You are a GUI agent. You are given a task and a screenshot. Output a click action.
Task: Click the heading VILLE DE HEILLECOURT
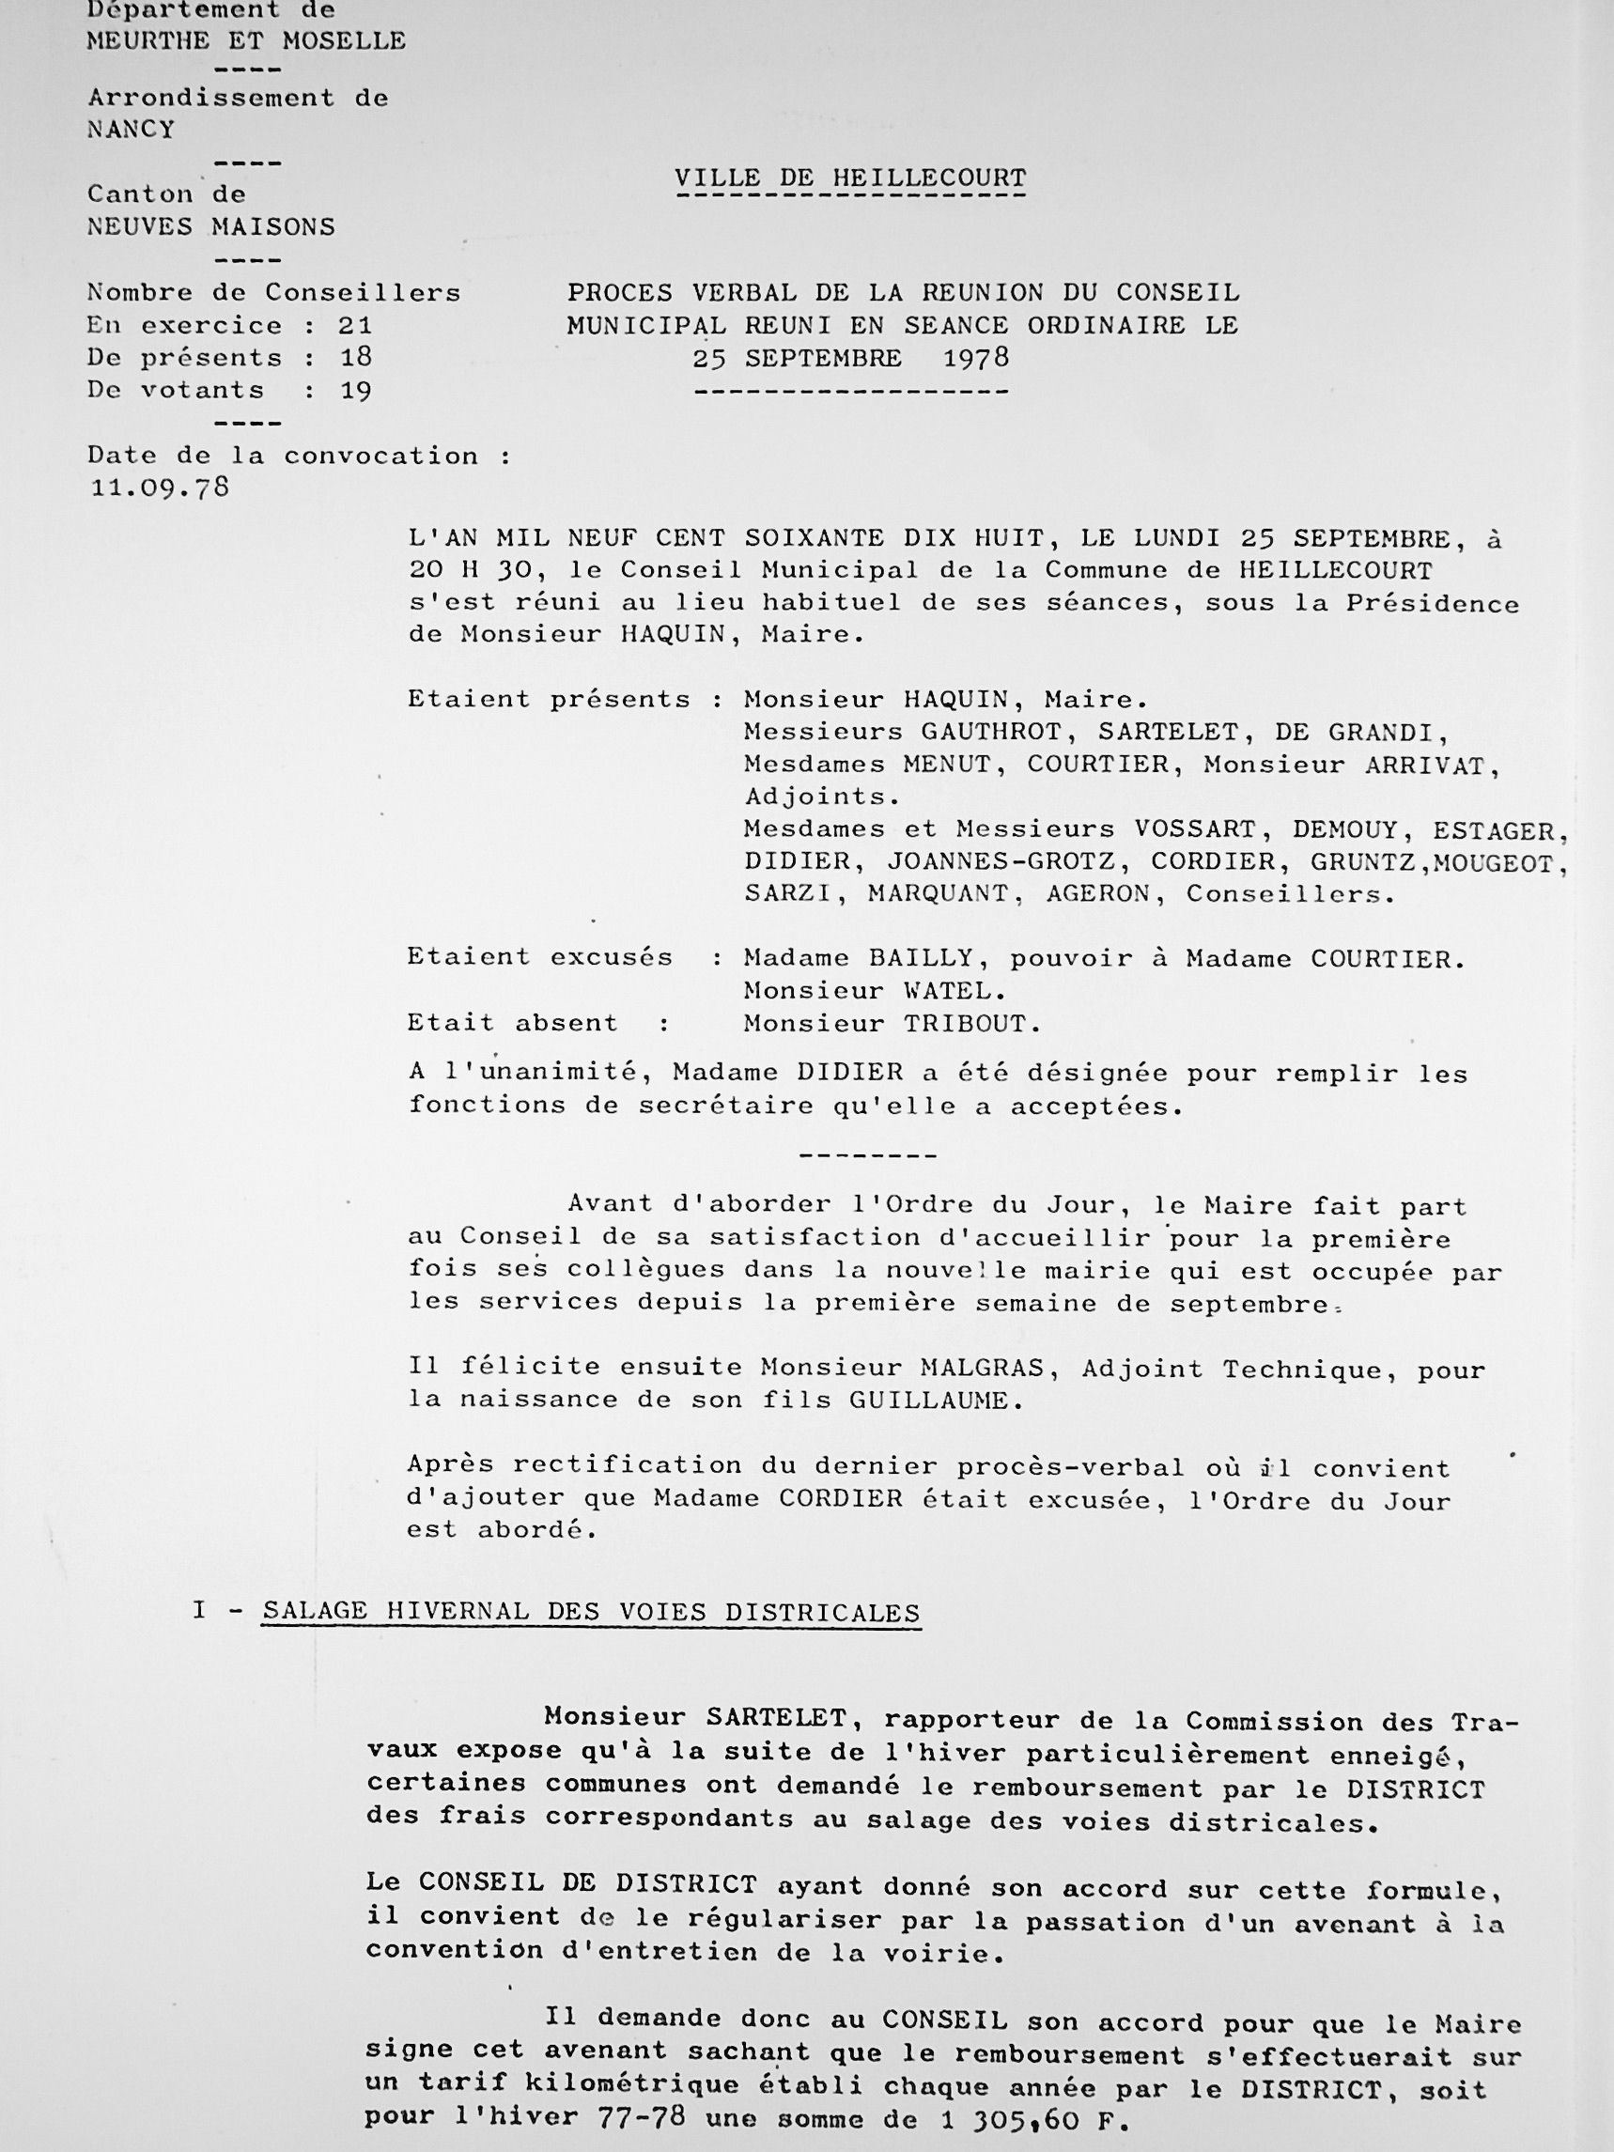pos(850,178)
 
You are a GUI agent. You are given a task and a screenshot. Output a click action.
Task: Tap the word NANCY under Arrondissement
pos(132,130)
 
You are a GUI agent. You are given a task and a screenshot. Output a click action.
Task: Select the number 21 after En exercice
pos(355,325)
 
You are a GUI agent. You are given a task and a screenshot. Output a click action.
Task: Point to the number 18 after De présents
pos(356,357)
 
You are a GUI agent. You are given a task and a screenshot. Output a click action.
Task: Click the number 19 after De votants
pos(356,390)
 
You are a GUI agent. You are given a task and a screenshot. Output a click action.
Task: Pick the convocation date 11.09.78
pos(160,488)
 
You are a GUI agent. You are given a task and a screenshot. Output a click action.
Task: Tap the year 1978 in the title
pos(976,358)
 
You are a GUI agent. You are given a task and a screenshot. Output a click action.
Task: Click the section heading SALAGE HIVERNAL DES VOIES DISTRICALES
pos(591,1612)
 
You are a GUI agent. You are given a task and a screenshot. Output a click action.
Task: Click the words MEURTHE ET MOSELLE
pos(246,41)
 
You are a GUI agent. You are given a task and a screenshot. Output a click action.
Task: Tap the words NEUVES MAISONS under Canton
pos(210,226)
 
